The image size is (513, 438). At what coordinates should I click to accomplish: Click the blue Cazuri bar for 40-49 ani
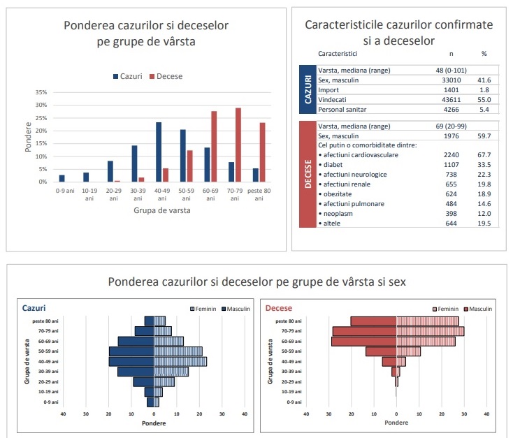pos(159,152)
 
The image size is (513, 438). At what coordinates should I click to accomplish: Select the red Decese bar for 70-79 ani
pos(238,145)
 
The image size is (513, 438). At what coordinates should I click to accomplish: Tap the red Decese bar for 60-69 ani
pos(214,147)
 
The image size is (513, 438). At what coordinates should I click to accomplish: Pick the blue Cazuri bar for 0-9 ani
pos(62,179)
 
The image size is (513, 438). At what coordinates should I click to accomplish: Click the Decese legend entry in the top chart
pos(166,76)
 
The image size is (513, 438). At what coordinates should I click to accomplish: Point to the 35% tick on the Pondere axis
pos(41,92)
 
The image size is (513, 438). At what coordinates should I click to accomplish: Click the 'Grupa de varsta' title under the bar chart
pos(162,210)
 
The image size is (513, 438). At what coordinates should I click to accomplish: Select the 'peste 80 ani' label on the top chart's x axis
pos(259,195)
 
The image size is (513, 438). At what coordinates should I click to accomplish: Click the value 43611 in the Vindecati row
pos(451,100)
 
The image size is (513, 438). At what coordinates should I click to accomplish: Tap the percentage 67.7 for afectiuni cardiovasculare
pos(484,155)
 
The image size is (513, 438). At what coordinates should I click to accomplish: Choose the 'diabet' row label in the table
pos(333,165)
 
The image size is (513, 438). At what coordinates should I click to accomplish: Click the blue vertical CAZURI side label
pos(308,89)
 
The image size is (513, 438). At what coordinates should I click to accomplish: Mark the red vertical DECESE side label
pos(308,174)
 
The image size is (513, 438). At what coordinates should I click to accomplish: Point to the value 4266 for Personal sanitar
pos(451,110)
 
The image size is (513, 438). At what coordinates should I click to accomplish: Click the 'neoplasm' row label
pos(338,214)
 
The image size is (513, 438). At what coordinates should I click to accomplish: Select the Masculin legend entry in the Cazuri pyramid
pos(236,309)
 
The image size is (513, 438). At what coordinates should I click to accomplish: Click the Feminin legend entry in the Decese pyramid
pos(445,309)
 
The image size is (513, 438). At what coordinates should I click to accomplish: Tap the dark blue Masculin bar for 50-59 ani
pos(131,351)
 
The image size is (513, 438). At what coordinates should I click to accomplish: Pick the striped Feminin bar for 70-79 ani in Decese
pos(431,331)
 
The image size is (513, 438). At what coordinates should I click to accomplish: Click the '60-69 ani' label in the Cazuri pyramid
pos(48,341)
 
